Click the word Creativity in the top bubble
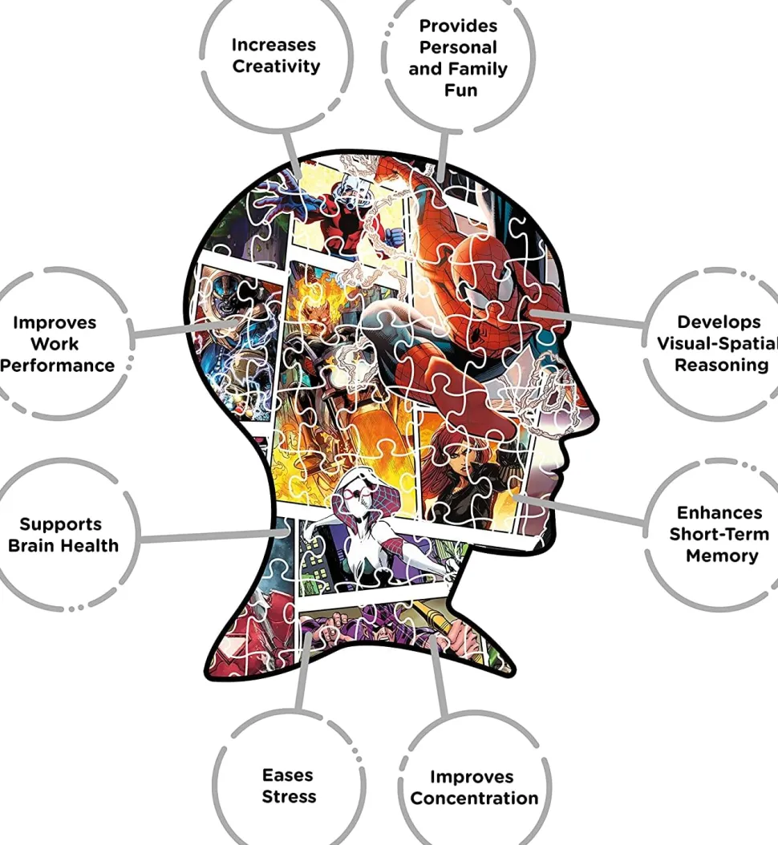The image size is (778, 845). [276, 67]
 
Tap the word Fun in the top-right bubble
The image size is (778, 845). [460, 91]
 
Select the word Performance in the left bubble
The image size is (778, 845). [58, 366]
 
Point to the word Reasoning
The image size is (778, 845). [721, 366]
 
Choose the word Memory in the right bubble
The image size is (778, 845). [721, 556]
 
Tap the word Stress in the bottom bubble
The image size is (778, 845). [289, 797]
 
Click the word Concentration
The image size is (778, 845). [474, 799]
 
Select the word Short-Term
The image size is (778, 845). [719, 534]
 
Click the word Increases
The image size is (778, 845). [274, 45]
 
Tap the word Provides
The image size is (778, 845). [458, 26]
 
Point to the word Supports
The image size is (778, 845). [61, 524]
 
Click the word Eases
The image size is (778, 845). [288, 775]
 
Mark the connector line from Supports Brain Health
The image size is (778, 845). [209, 536]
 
